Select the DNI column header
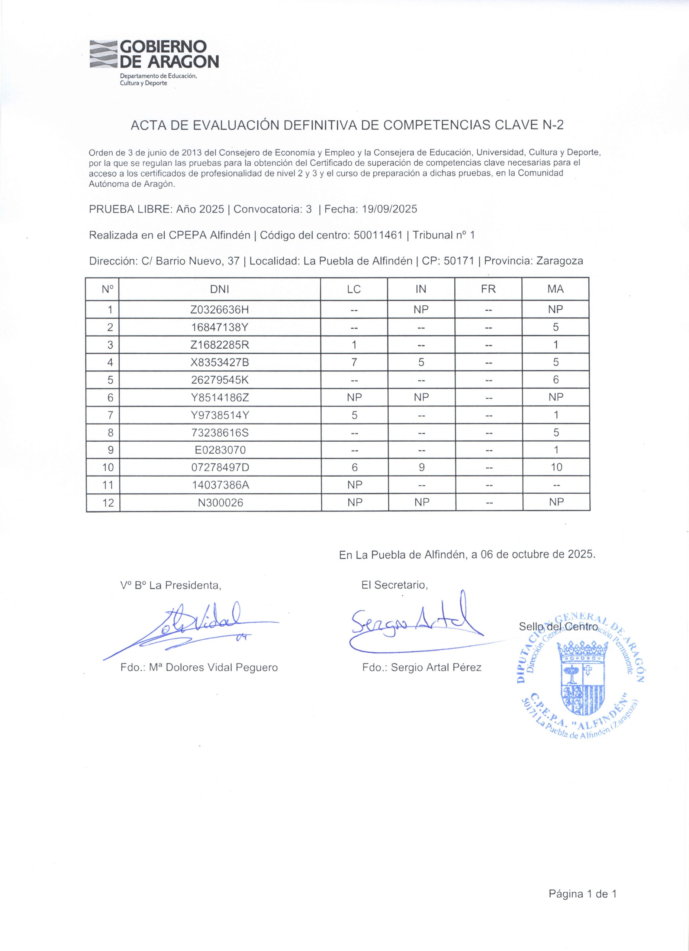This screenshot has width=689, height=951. (219, 289)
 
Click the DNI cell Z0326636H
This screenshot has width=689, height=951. (219, 310)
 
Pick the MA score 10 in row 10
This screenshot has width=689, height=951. (556, 467)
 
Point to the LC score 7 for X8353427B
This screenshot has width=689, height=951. (354, 362)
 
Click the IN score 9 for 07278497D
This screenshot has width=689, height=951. (421, 467)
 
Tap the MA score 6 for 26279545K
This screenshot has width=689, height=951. (556, 380)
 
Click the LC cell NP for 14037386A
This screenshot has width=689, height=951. (355, 485)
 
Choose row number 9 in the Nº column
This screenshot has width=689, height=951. (111, 450)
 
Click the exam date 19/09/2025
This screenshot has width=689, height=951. (389, 209)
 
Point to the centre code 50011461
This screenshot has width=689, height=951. (379, 235)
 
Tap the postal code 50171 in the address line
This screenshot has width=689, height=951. (460, 261)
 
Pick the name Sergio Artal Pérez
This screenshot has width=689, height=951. (436, 668)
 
